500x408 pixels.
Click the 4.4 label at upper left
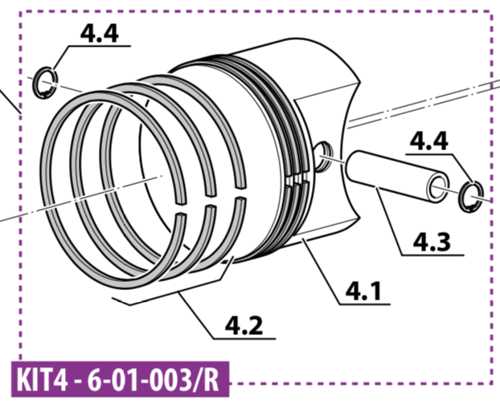click(x=99, y=34)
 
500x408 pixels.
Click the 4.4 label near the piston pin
click(x=429, y=141)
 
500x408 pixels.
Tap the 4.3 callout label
click(x=432, y=242)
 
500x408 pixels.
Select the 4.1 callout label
click(x=363, y=292)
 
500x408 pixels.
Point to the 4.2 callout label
click(x=244, y=325)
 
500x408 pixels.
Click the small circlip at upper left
click(x=45, y=83)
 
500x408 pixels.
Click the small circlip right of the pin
click(x=471, y=197)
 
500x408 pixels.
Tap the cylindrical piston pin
click(x=398, y=177)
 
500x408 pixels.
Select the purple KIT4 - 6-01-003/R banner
click(x=121, y=380)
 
